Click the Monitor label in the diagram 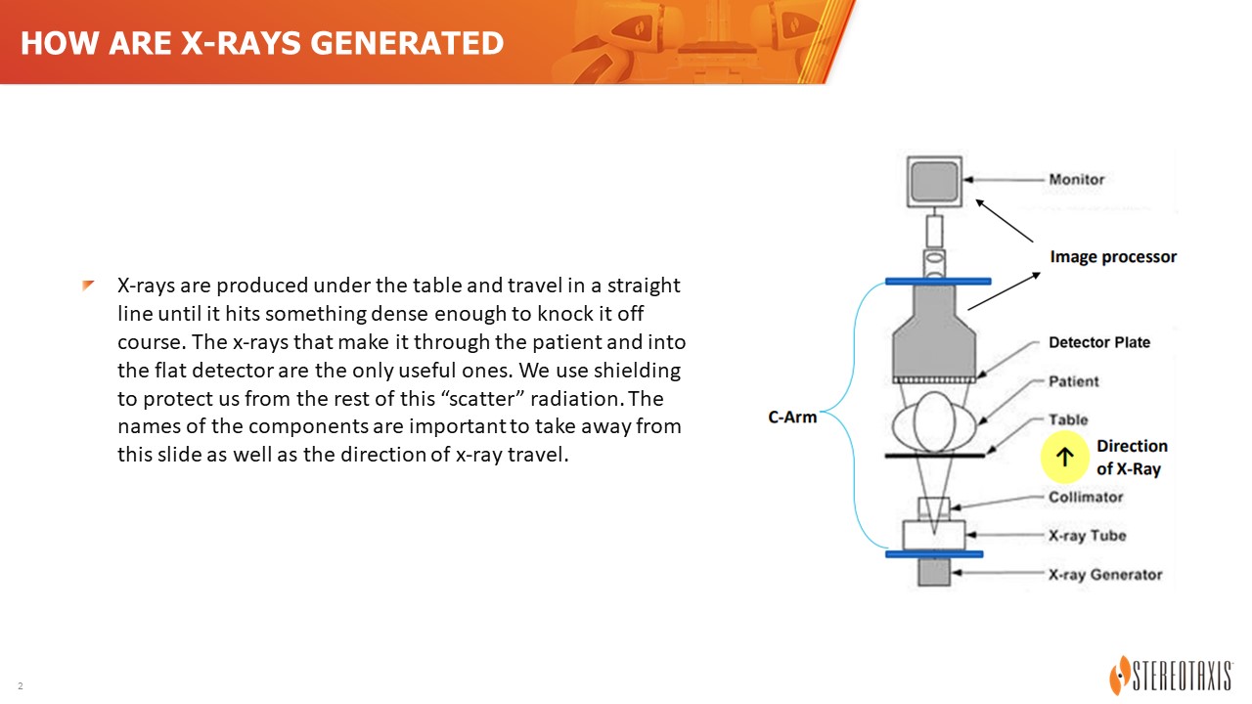[1077, 179]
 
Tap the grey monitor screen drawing [934, 182]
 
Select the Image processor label [1113, 256]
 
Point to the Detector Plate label [1098, 342]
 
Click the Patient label [1073, 381]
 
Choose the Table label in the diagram [1068, 419]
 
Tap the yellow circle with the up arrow [1065, 457]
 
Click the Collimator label [1086, 497]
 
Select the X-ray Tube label [1087, 535]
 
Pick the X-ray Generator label [1105, 574]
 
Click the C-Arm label [792, 417]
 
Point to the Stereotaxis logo [1171, 675]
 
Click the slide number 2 [21, 685]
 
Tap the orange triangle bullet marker [88, 286]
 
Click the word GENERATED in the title [407, 43]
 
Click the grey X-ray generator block [934, 572]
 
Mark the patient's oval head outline [934, 421]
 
